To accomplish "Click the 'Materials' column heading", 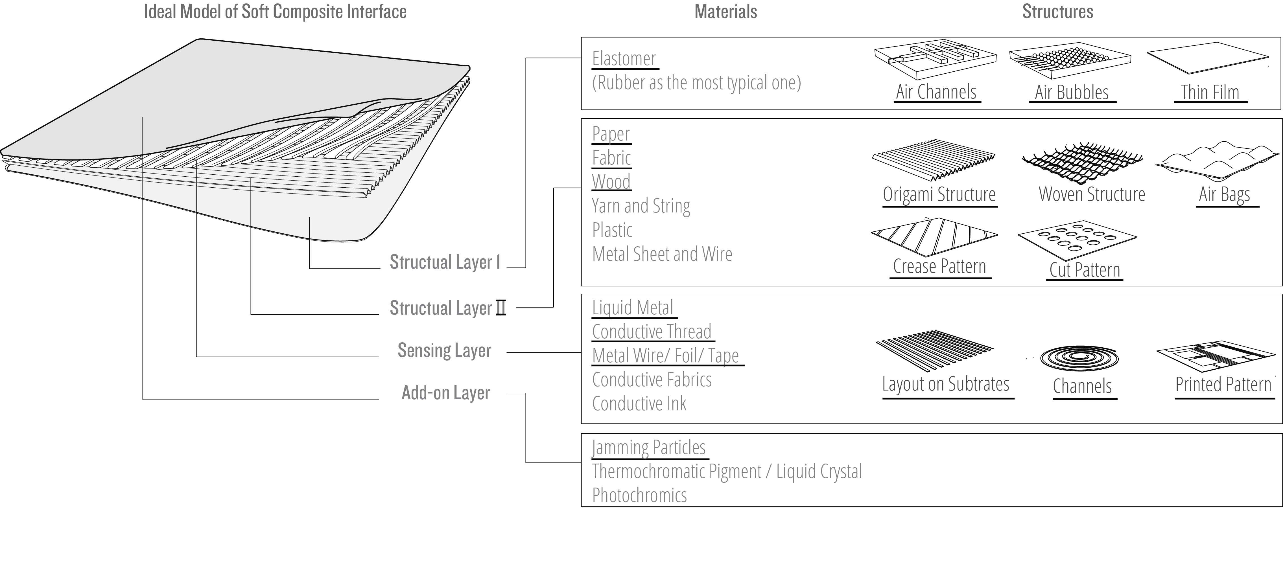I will [x=726, y=12].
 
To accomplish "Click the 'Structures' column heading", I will [x=1057, y=12].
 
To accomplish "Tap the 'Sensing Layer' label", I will [x=444, y=350].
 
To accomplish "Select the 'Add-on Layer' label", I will [x=446, y=393].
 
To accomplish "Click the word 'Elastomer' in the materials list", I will [x=624, y=59].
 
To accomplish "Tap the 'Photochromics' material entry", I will [x=639, y=495].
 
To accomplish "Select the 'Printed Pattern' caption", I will [x=1223, y=384].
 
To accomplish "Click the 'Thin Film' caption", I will [x=1210, y=93].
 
